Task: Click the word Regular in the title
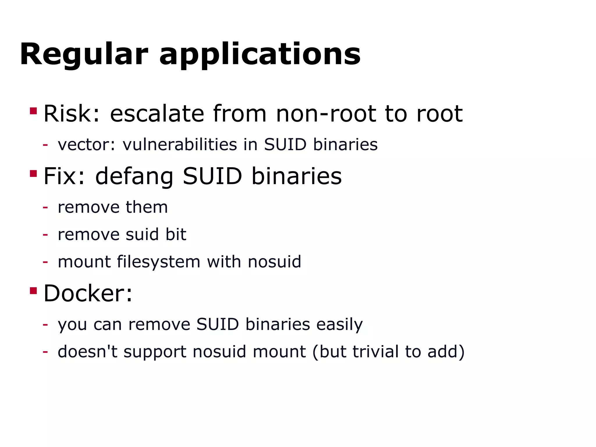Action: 84,54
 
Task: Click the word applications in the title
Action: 260,54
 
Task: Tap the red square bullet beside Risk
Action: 33,111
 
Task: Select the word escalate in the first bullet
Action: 157,113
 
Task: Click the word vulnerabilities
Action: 180,144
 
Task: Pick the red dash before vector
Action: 45,145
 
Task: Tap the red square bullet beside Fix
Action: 33,173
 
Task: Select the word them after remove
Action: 147,207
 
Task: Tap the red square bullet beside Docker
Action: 33,290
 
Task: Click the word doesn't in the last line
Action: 88,352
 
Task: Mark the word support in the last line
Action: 155,352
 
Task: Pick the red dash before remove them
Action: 45,207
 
